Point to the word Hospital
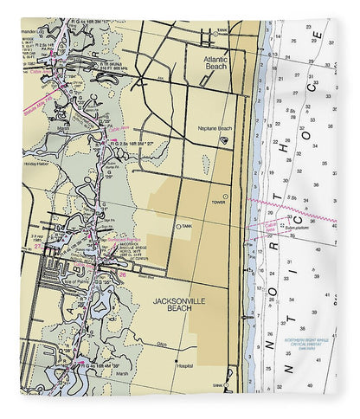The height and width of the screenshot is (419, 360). pos(184,366)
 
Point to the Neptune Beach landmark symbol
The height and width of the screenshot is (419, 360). pos(223,139)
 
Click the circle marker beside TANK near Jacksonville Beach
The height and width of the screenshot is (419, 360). pos(178,227)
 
